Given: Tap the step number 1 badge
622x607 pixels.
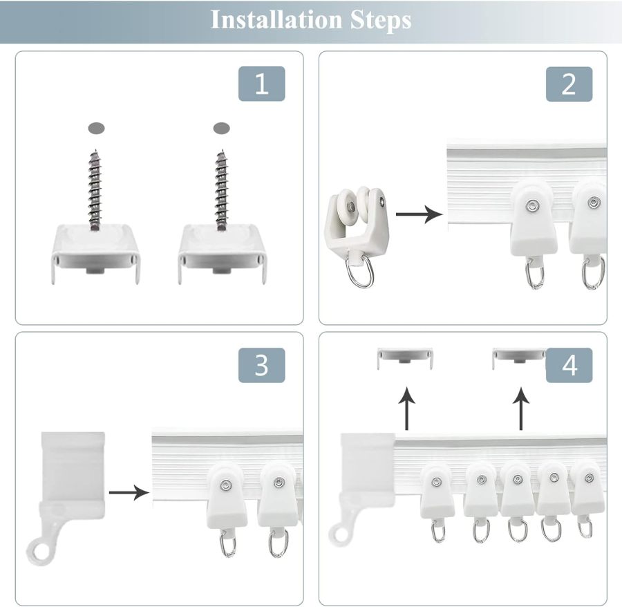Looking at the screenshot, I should pyautogui.click(x=261, y=84).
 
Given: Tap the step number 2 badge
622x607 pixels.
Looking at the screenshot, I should pyautogui.click(x=569, y=84).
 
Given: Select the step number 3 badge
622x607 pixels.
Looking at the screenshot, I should pyautogui.click(x=261, y=366).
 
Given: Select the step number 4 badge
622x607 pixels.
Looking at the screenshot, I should pyautogui.click(x=569, y=366).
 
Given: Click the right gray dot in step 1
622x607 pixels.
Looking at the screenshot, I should pyautogui.click(x=221, y=128).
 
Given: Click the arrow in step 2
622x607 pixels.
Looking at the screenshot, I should pyautogui.click(x=419, y=214).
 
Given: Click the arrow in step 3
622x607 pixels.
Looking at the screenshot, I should pyautogui.click(x=130, y=492).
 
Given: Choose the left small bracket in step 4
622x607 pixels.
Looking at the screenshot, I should pyautogui.click(x=405, y=357).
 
